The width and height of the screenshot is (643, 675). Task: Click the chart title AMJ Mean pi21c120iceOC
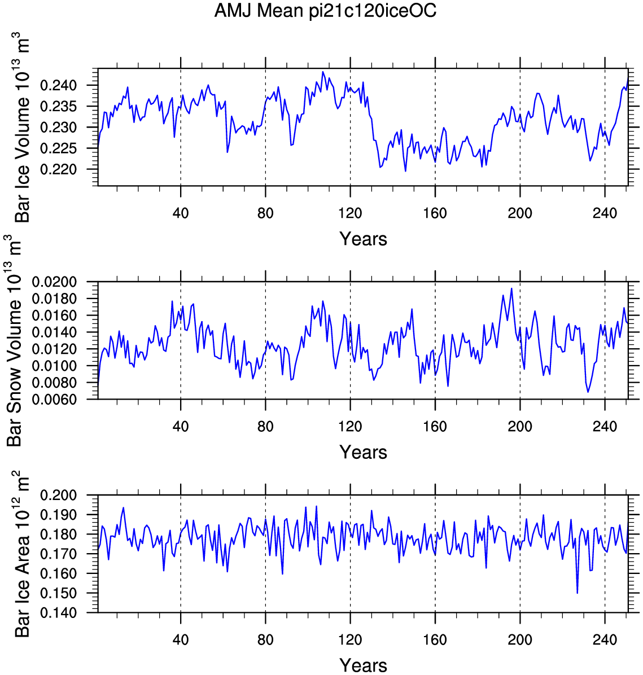tap(325, 10)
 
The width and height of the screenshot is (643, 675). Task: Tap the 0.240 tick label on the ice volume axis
tap(58, 85)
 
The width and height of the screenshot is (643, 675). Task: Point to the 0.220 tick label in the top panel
tap(58, 169)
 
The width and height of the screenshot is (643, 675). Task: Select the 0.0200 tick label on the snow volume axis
tap(54, 282)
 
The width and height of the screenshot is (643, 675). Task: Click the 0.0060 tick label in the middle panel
tap(54, 399)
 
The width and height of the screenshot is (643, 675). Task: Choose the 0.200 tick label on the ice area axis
tap(58, 495)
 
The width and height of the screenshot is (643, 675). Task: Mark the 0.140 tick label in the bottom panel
tap(58, 612)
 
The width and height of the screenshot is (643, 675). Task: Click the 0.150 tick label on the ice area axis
tap(58, 593)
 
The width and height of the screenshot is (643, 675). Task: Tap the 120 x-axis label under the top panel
tap(350, 213)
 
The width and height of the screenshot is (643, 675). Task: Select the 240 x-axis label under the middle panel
tap(605, 426)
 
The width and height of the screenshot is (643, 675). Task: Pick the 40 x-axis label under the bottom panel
tap(181, 639)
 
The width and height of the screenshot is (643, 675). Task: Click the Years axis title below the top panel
tap(363, 239)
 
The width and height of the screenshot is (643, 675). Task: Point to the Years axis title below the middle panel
tap(363, 452)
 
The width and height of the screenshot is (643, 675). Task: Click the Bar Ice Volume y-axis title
tap(23, 128)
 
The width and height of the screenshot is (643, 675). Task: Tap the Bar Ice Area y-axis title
tap(23, 554)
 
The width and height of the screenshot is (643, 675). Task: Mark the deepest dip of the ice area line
tap(577, 593)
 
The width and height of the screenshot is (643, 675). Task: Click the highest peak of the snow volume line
tap(511, 288)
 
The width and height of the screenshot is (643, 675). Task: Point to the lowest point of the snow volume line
tap(588, 392)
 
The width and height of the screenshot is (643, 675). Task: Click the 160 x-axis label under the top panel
tap(435, 213)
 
